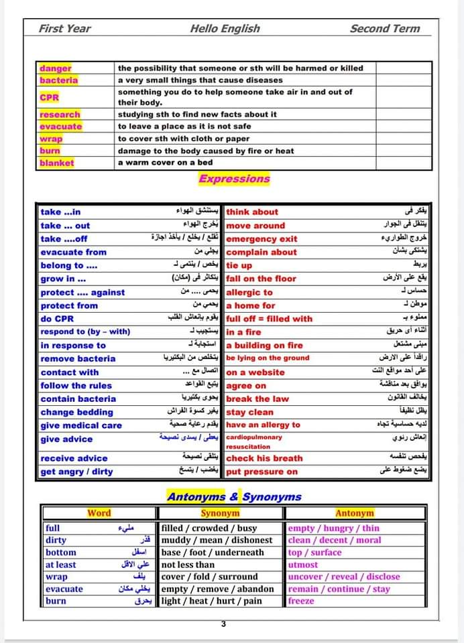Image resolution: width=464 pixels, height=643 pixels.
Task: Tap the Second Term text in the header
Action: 385,28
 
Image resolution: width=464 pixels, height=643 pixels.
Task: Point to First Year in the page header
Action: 65,28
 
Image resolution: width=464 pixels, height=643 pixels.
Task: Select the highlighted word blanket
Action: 57,163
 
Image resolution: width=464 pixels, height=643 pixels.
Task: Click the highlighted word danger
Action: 56,68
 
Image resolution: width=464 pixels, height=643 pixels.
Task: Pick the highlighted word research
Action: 60,115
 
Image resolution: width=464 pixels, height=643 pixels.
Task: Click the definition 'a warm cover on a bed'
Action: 165,163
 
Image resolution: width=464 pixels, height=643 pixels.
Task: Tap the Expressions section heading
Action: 234,179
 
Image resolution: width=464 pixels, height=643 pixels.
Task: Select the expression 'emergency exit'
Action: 262,239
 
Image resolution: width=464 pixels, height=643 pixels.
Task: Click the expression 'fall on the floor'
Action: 261,279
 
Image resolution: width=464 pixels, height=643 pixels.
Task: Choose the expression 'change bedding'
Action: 76,413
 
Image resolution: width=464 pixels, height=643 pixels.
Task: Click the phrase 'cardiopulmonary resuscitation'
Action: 253,442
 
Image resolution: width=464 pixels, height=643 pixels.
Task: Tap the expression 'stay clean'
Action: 250,413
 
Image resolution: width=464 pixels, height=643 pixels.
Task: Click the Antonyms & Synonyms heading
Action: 234,497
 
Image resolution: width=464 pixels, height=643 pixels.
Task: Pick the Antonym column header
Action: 354,514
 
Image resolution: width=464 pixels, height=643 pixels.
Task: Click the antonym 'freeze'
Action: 301,601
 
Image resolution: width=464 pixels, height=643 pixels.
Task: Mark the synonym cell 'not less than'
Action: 188,565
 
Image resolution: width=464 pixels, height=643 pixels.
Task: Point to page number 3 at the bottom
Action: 223,624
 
